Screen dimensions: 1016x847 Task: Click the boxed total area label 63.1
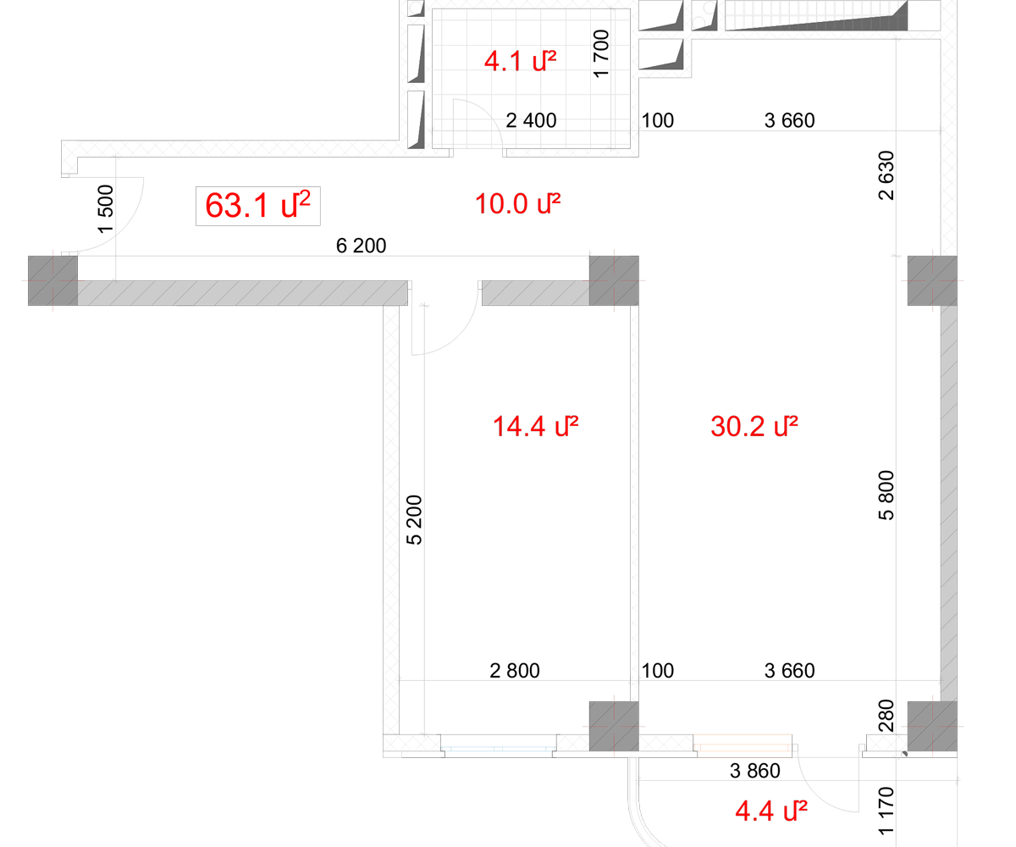258,206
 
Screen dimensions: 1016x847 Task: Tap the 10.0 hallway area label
517,204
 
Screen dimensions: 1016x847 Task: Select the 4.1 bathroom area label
520,61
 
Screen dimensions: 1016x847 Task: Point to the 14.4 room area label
536,426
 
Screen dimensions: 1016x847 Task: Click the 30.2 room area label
754,426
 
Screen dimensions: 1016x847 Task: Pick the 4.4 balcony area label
771,811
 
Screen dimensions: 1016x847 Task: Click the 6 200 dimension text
361,246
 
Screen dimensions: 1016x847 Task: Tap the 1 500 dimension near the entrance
106,209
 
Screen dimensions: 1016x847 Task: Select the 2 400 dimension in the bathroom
531,121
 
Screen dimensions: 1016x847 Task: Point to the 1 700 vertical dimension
601,53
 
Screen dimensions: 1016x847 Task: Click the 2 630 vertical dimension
886,175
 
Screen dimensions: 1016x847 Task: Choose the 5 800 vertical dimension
886,495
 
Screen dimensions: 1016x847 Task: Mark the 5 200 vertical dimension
414,520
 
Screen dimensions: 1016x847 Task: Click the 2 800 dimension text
515,671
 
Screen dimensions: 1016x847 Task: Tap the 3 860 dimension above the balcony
754,771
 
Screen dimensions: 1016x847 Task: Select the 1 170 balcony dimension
886,811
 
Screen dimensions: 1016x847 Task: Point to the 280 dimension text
886,716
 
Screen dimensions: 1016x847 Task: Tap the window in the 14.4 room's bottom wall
499,749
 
